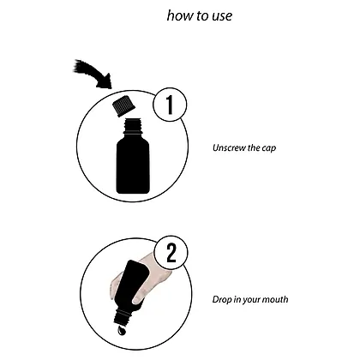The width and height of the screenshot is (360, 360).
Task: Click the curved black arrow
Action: click(x=92, y=74)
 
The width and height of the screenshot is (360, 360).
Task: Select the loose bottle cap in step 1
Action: click(x=123, y=106)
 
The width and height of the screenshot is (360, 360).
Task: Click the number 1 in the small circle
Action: click(x=170, y=105)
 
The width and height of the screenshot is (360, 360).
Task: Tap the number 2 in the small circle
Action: click(x=171, y=252)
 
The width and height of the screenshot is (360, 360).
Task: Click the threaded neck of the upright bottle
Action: click(x=133, y=126)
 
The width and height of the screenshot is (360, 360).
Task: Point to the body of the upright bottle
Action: click(x=133, y=165)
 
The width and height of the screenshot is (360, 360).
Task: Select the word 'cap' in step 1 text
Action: click(x=269, y=148)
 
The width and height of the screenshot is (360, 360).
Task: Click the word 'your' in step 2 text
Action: click(x=251, y=301)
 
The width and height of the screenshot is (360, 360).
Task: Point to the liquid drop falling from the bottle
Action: click(x=121, y=331)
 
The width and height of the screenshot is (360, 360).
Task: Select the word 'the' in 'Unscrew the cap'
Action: click(x=254, y=148)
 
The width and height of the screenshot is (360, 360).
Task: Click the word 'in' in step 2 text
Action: click(x=237, y=299)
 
